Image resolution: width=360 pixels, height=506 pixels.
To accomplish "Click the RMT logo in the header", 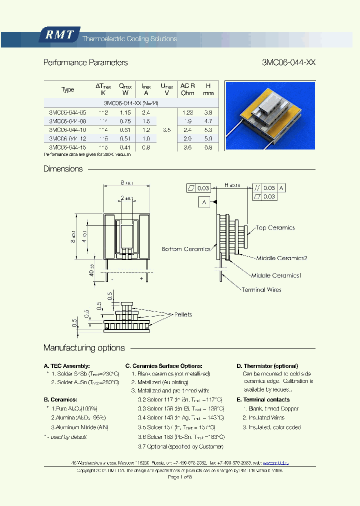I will pos(59,34).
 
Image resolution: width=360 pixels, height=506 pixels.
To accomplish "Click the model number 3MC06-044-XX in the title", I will pos(288,62).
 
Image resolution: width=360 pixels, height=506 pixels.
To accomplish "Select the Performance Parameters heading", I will pos(85,62).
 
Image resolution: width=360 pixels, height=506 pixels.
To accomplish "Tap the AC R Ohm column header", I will pos(187,89).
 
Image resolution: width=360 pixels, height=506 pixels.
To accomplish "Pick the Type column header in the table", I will pos(67,89).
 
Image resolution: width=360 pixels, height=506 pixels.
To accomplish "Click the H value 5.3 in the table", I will pos(208,129).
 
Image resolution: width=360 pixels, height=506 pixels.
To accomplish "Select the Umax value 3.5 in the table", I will pos(166,129).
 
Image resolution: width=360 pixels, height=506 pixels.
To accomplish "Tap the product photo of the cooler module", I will pos(270,115).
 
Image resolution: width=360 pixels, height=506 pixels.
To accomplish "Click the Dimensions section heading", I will pos(63,169).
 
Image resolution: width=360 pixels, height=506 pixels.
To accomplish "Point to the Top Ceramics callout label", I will pos(275,228).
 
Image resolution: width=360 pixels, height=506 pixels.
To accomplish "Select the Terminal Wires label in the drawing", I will pos(261,289).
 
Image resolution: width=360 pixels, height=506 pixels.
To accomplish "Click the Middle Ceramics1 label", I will pos(276,275).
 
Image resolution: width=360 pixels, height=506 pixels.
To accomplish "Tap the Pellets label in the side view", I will pos(182,314).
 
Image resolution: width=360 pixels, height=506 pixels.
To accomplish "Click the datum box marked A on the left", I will pos(204,202).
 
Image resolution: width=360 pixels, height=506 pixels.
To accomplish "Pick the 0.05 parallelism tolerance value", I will pos(269,187).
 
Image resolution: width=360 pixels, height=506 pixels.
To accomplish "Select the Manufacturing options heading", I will pos(84,348).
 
